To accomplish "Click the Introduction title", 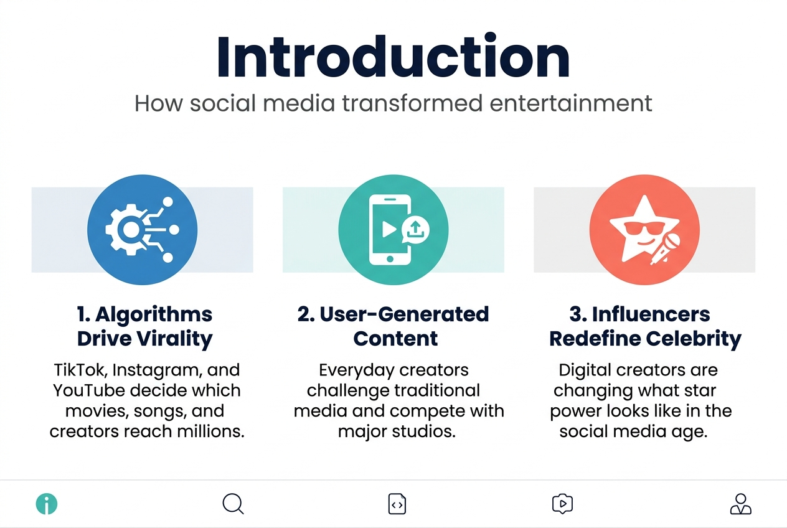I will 393,57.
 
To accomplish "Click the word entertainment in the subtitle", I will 571,103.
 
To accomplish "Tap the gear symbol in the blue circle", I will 127,230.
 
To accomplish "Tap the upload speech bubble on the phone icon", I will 416,230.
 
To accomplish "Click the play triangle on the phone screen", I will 389,229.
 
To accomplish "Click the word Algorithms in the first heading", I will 153,314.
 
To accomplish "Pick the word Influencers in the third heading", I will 651,314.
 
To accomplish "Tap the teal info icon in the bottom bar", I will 46,504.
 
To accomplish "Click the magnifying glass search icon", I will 233,504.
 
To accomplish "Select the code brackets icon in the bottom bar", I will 397,504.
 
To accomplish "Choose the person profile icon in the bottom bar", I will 740,504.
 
